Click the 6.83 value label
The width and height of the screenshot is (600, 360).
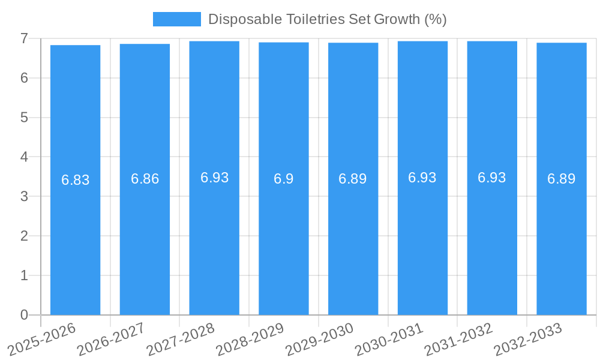click(75, 180)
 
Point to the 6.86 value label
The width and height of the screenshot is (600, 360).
click(145, 179)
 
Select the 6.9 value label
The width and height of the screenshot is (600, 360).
click(284, 179)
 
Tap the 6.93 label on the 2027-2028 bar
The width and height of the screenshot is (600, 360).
click(214, 178)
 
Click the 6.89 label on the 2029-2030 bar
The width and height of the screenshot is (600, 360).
click(353, 179)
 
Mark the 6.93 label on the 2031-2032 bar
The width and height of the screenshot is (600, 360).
click(492, 178)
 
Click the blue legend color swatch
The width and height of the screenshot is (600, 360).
click(176, 19)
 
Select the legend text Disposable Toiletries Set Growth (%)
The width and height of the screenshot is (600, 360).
click(327, 19)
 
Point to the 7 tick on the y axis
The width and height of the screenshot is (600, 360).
click(24, 38)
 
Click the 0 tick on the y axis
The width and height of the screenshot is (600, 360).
click(24, 315)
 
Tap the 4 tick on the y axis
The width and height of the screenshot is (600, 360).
click(24, 157)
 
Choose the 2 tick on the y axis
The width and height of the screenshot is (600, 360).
click(24, 236)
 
